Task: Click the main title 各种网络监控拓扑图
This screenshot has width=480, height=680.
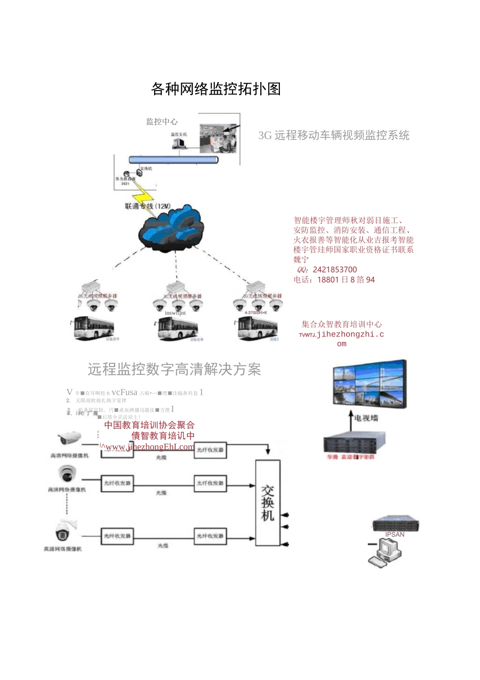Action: click(x=216, y=89)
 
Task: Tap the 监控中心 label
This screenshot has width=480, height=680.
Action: click(x=162, y=121)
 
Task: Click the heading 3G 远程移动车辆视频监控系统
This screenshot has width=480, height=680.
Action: click(x=333, y=136)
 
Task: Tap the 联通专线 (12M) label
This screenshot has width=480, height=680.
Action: click(x=148, y=206)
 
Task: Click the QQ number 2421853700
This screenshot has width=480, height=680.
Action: click(x=334, y=270)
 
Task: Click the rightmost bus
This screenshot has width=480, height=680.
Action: click(x=258, y=328)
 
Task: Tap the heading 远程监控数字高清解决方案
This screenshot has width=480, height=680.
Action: click(x=174, y=369)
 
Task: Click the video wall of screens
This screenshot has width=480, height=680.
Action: click(x=369, y=385)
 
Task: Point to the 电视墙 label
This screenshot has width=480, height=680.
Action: click(x=366, y=418)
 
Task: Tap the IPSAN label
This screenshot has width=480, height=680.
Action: click(x=395, y=535)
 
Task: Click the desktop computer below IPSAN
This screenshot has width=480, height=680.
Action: click(x=385, y=552)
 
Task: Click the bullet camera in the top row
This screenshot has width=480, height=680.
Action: click(x=69, y=438)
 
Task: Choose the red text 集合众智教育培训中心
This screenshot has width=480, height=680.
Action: click(x=342, y=324)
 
